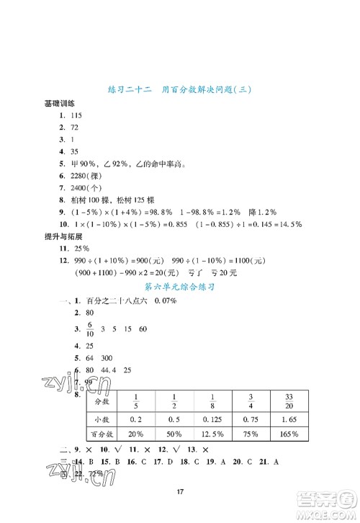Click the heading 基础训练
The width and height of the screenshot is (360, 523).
coord(62,103)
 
